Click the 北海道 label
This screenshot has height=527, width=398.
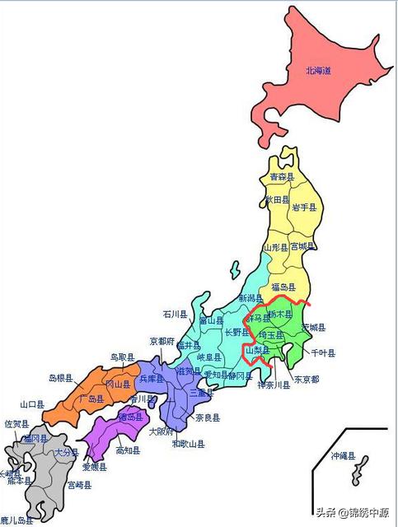pyautogui.click(x=318, y=72)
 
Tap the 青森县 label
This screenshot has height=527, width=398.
pyautogui.click(x=282, y=176)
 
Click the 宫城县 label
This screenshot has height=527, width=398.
pyautogui.click(x=302, y=246)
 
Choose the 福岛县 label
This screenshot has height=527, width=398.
pyautogui.click(x=284, y=286)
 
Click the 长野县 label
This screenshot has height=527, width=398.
pyautogui.click(x=238, y=333)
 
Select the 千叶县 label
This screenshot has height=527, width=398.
pyautogui.click(x=323, y=353)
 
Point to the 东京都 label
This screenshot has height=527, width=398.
pyautogui.click(x=306, y=380)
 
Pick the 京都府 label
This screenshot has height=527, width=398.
pyautogui.click(x=162, y=341)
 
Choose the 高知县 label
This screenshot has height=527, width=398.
pyautogui.click(x=128, y=450)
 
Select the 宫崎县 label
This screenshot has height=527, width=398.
pyautogui.click(x=80, y=485)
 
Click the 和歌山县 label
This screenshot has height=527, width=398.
pyautogui.click(x=189, y=444)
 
